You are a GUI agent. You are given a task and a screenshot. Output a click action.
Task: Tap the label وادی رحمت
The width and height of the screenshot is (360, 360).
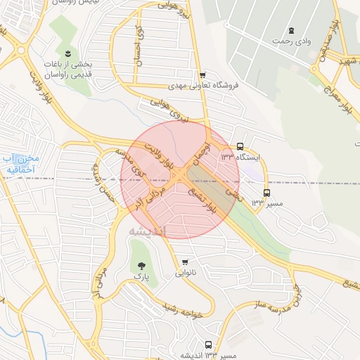click(x=292, y=41)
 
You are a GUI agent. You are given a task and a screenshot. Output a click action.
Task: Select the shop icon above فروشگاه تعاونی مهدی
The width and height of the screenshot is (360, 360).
click(x=202, y=75)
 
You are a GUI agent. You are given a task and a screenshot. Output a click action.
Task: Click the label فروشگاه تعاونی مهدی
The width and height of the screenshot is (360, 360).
click(x=203, y=86)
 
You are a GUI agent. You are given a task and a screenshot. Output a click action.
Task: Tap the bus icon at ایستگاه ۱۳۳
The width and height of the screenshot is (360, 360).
click(x=240, y=146)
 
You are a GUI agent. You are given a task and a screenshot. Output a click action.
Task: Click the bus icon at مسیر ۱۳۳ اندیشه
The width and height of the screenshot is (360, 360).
click(x=208, y=345)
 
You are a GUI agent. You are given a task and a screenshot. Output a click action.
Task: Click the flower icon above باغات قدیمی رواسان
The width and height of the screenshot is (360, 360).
click(x=67, y=53)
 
